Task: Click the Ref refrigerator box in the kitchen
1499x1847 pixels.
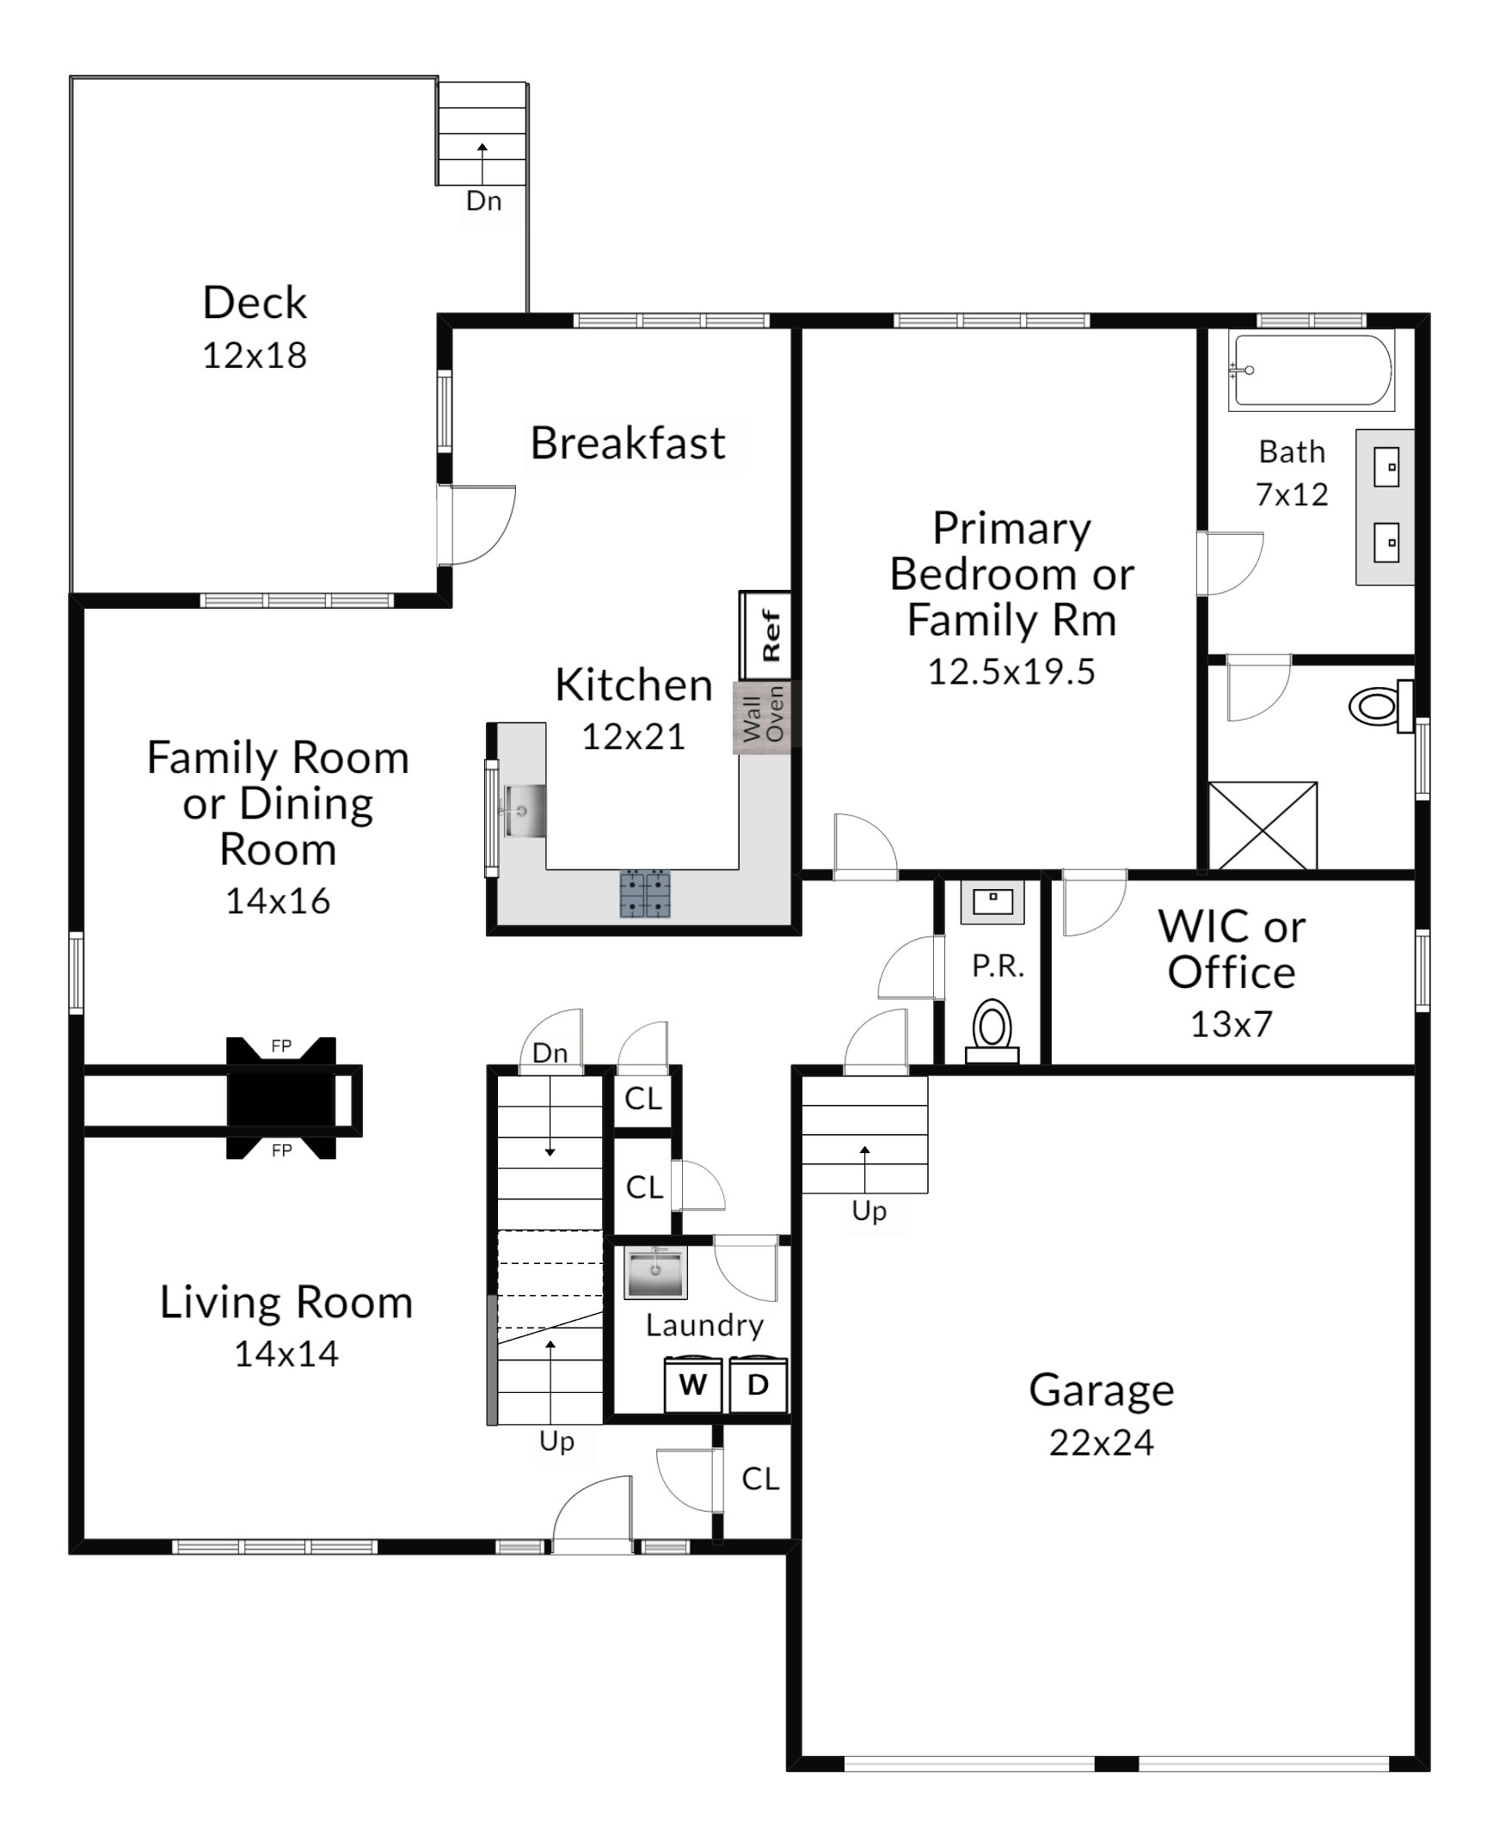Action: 765,635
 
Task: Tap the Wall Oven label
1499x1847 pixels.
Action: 764,714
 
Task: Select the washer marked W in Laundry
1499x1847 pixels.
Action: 692,1384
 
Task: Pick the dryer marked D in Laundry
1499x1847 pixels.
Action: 759,1384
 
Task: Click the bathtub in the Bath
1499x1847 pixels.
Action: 1312,371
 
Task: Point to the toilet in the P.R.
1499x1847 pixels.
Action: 992,1031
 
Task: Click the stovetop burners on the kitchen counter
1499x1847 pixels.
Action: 645,893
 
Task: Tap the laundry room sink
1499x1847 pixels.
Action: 655,1272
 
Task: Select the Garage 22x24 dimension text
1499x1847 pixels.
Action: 1101,1443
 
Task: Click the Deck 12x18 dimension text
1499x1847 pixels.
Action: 255,356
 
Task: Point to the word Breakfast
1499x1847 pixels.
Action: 628,443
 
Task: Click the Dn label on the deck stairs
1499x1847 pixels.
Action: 483,201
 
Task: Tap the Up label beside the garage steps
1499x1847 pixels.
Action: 869,1212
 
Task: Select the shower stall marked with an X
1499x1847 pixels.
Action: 1262,825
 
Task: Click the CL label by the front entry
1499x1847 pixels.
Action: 760,1479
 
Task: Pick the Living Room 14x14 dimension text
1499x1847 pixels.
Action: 286,1354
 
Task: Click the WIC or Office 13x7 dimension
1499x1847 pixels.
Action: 1232,1024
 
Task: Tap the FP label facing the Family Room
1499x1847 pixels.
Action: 281,1046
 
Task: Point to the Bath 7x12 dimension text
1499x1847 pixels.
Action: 1292,494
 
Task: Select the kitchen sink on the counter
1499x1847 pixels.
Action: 523,811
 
